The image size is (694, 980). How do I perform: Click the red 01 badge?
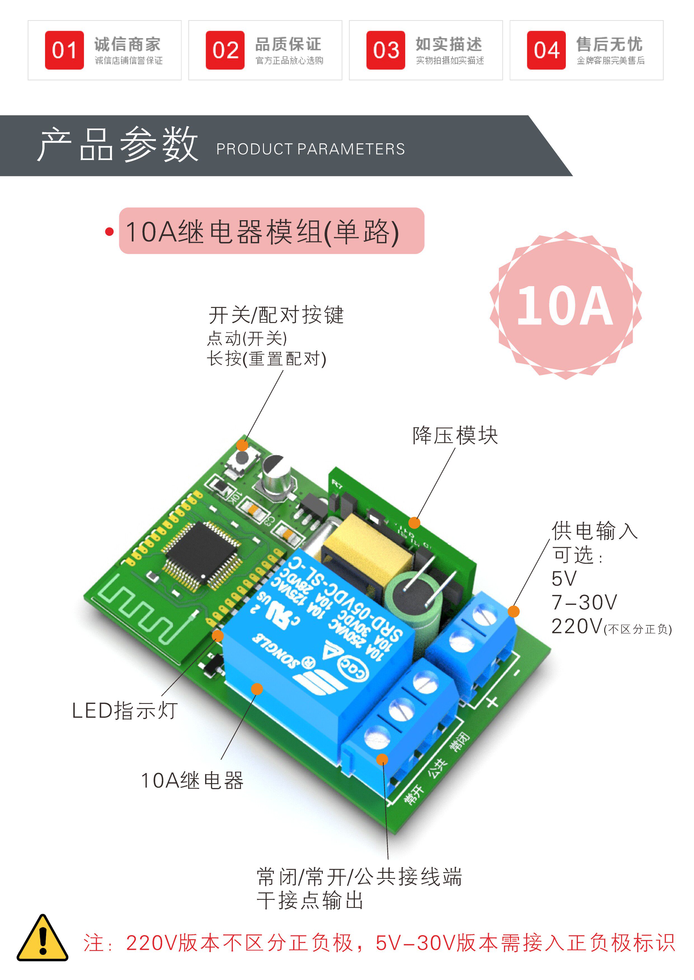click(64, 50)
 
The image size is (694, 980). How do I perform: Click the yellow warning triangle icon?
click(42, 939)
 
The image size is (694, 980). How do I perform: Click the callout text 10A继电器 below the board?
click(192, 781)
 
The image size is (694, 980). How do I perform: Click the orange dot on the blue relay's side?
click(256, 689)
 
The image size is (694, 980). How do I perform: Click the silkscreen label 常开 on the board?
click(414, 795)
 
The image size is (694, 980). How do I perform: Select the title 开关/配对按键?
click(276, 315)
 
